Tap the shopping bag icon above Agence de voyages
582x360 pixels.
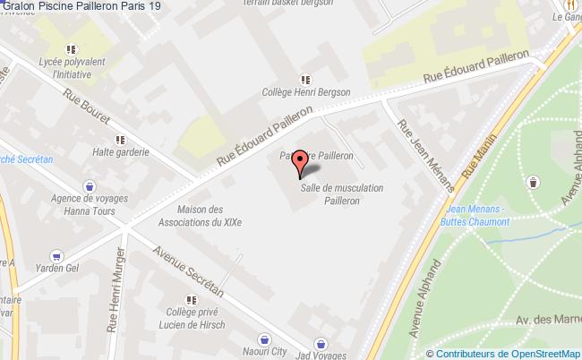tap(88, 186)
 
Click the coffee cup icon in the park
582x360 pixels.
tap(534, 182)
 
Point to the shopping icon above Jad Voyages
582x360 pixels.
tap(321, 343)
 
